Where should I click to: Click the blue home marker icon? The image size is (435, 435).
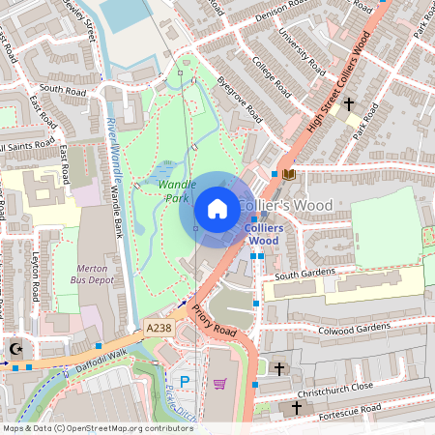[x=217, y=209]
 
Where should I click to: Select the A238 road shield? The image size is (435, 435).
[x=159, y=329]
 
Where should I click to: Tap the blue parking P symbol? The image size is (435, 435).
[x=185, y=382]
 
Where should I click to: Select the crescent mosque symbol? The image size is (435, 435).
[x=14, y=348]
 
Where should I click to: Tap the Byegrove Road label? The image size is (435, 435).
[x=239, y=98]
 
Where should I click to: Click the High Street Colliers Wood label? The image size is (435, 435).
[x=324, y=87]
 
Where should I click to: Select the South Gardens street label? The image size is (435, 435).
[x=303, y=275]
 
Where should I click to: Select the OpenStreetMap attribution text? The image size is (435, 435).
[x=98, y=427]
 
